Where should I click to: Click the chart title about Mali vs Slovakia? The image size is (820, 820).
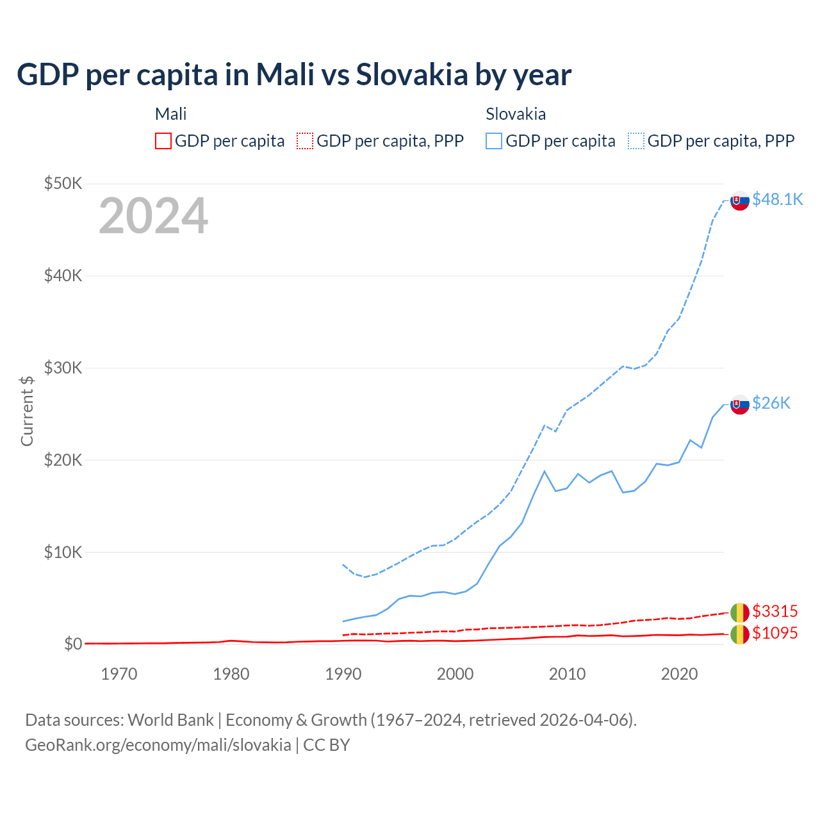[x=294, y=75]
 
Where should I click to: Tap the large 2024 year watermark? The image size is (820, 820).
[x=153, y=216]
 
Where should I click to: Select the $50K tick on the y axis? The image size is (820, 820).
[x=63, y=184]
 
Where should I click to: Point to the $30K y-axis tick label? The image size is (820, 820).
[x=63, y=368]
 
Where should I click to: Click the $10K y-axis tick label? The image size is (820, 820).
[x=63, y=552]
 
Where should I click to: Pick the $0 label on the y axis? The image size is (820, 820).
[x=73, y=644]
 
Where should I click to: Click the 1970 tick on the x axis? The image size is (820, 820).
[x=119, y=674]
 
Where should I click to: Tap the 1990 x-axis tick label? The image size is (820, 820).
[x=343, y=674]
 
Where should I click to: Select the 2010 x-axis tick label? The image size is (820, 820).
[x=567, y=674]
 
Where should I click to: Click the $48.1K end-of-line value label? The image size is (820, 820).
[x=777, y=200]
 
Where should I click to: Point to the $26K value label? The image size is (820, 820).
[x=771, y=403]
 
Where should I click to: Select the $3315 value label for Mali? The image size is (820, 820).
[x=775, y=611]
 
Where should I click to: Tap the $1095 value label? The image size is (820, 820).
[x=775, y=633]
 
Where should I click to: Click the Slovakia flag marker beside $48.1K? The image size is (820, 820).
[x=740, y=201]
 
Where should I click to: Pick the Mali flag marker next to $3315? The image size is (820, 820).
[x=740, y=612]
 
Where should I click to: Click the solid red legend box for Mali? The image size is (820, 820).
[x=163, y=141]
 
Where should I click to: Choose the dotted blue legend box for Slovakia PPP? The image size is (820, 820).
[x=636, y=141]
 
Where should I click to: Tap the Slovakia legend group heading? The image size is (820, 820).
[x=516, y=114]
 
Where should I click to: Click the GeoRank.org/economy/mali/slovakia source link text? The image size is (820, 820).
[x=158, y=745]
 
